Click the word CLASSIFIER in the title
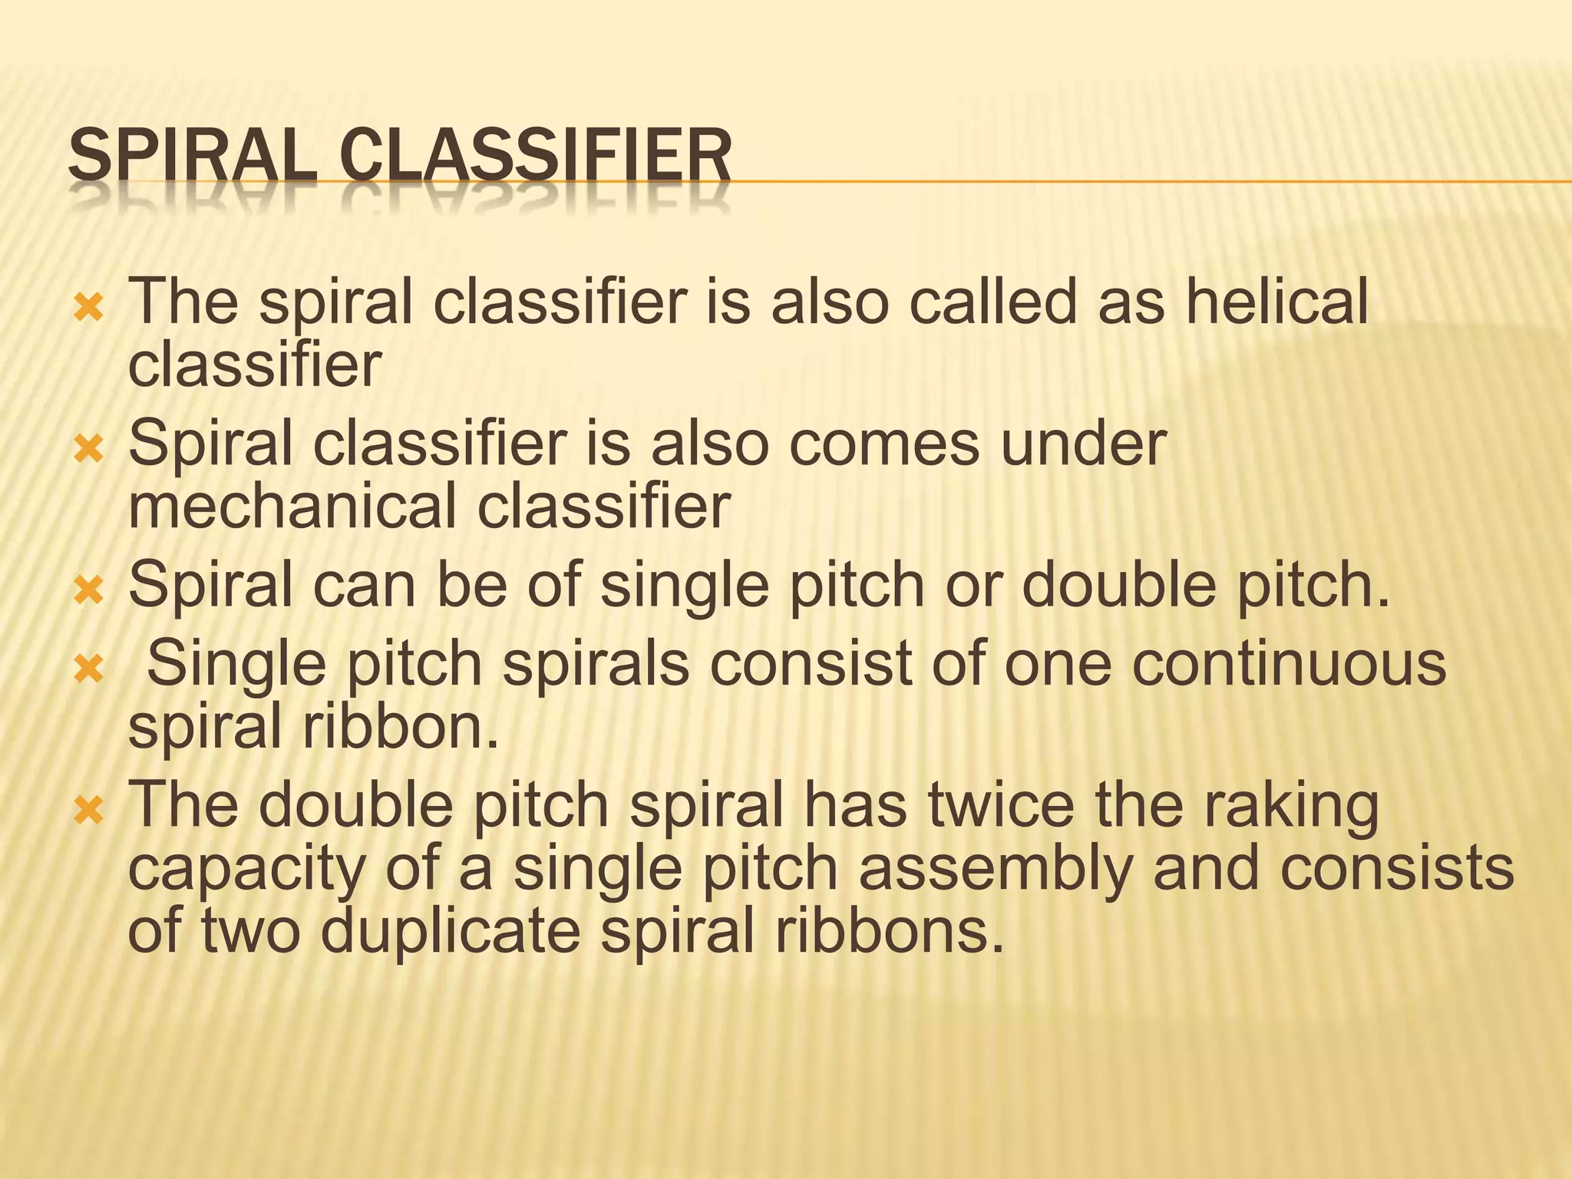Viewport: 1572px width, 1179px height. point(536,157)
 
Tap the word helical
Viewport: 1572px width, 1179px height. point(1276,301)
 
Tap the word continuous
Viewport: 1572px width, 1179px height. point(1289,663)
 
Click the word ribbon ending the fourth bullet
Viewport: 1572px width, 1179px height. point(400,726)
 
